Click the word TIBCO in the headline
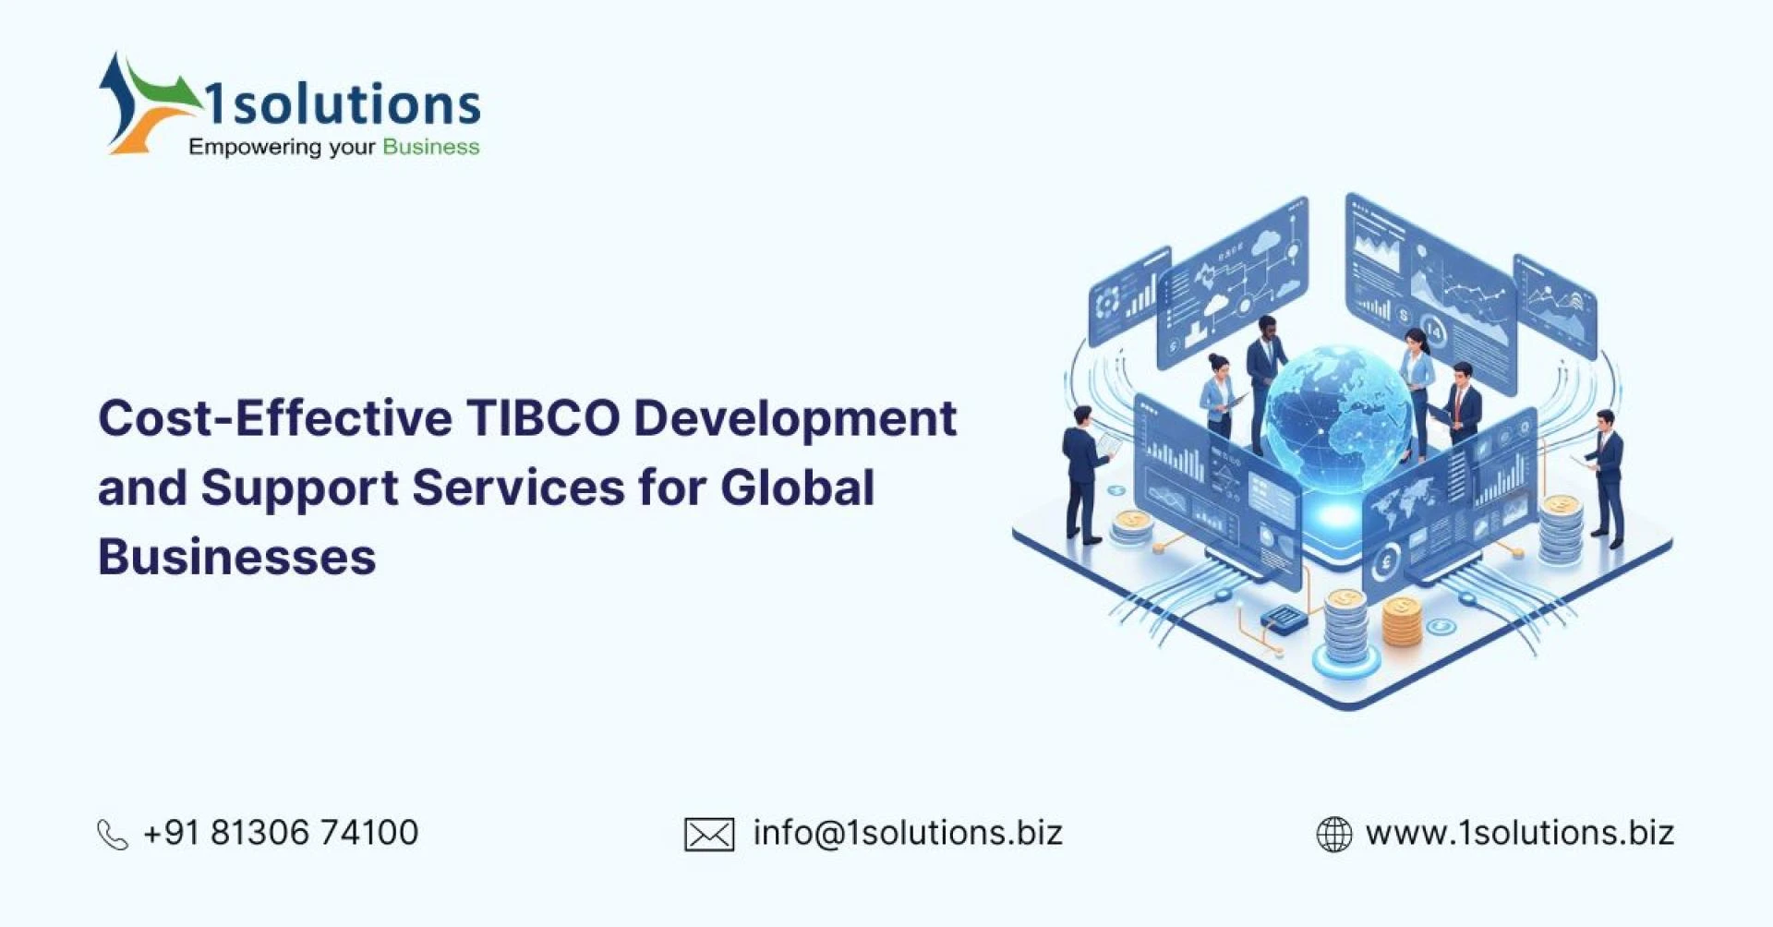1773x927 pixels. (543, 418)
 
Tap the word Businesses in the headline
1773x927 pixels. (237, 557)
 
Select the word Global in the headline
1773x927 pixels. (797, 488)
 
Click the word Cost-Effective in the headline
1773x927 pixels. (275, 418)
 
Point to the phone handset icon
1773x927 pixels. (113, 835)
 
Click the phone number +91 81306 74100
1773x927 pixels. (281, 833)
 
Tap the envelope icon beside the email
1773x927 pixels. (709, 835)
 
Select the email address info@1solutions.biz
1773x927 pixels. (908, 833)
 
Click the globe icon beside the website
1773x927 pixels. (1333, 835)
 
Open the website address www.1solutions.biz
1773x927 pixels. (1519, 833)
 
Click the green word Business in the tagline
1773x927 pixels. (431, 147)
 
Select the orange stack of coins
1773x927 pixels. (1401, 622)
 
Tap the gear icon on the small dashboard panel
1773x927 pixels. (1106, 303)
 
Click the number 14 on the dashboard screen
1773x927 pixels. (1433, 329)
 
